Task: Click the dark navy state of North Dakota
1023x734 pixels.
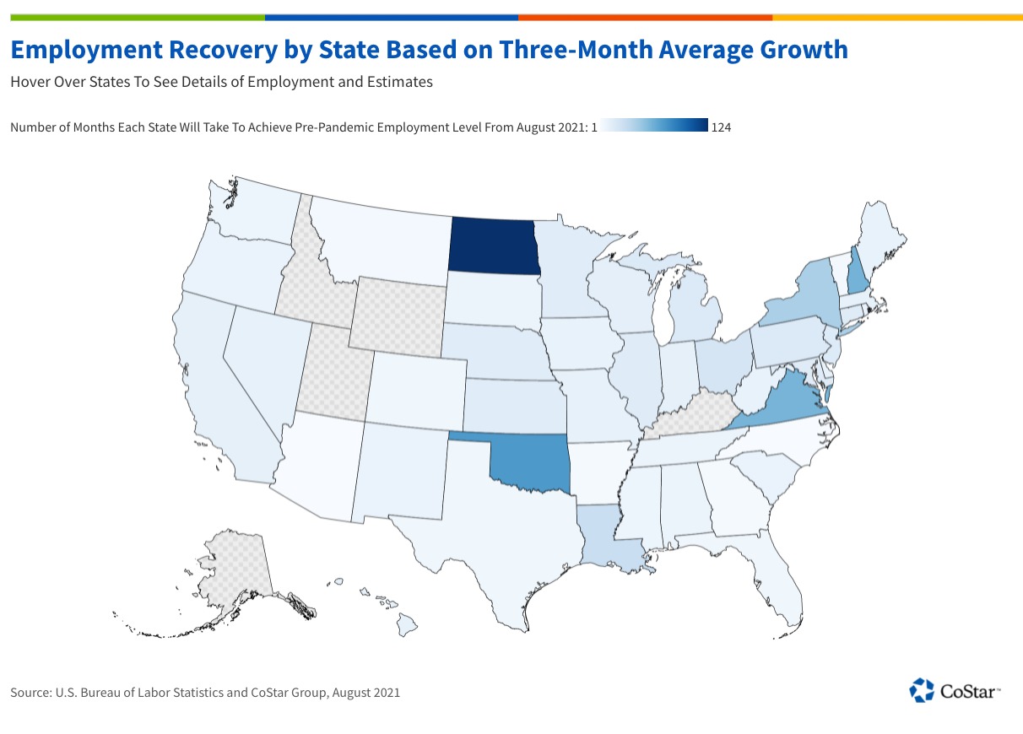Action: pyautogui.click(x=494, y=246)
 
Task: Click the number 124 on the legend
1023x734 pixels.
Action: pyautogui.click(x=722, y=127)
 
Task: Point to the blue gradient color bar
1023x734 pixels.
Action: pyautogui.click(x=655, y=127)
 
